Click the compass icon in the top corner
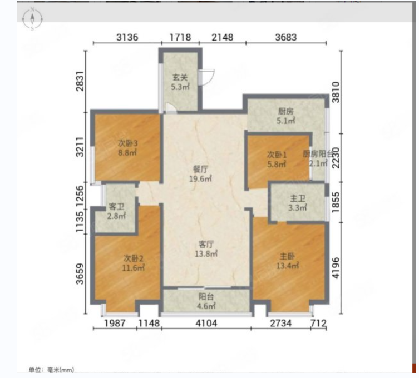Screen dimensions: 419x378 click(32, 19)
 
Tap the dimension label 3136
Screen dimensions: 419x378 click(127, 37)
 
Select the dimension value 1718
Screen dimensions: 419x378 click(180, 37)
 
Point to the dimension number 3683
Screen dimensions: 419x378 click(286, 37)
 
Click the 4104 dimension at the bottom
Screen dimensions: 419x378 click(206, 324)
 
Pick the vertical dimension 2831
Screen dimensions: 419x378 click(80, 81)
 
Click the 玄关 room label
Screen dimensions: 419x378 click(180, 77)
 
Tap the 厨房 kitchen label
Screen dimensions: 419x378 click(285, 111)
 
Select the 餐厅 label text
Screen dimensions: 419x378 click(200, 169)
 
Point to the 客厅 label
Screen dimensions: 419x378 click(206, 244)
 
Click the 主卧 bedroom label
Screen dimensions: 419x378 click(287, 256)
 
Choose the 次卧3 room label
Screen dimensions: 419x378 click(127, 143)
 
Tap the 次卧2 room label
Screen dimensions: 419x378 click(134, 258)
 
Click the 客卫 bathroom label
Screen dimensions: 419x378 click(116, 206)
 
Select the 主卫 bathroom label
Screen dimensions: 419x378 click(298, 198)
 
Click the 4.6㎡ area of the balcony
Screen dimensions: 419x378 click(206, 306)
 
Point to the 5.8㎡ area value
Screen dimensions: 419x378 click(277, 164)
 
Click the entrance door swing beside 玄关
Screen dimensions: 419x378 click(207, 77)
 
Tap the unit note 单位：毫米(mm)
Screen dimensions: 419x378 click(51, 370)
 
